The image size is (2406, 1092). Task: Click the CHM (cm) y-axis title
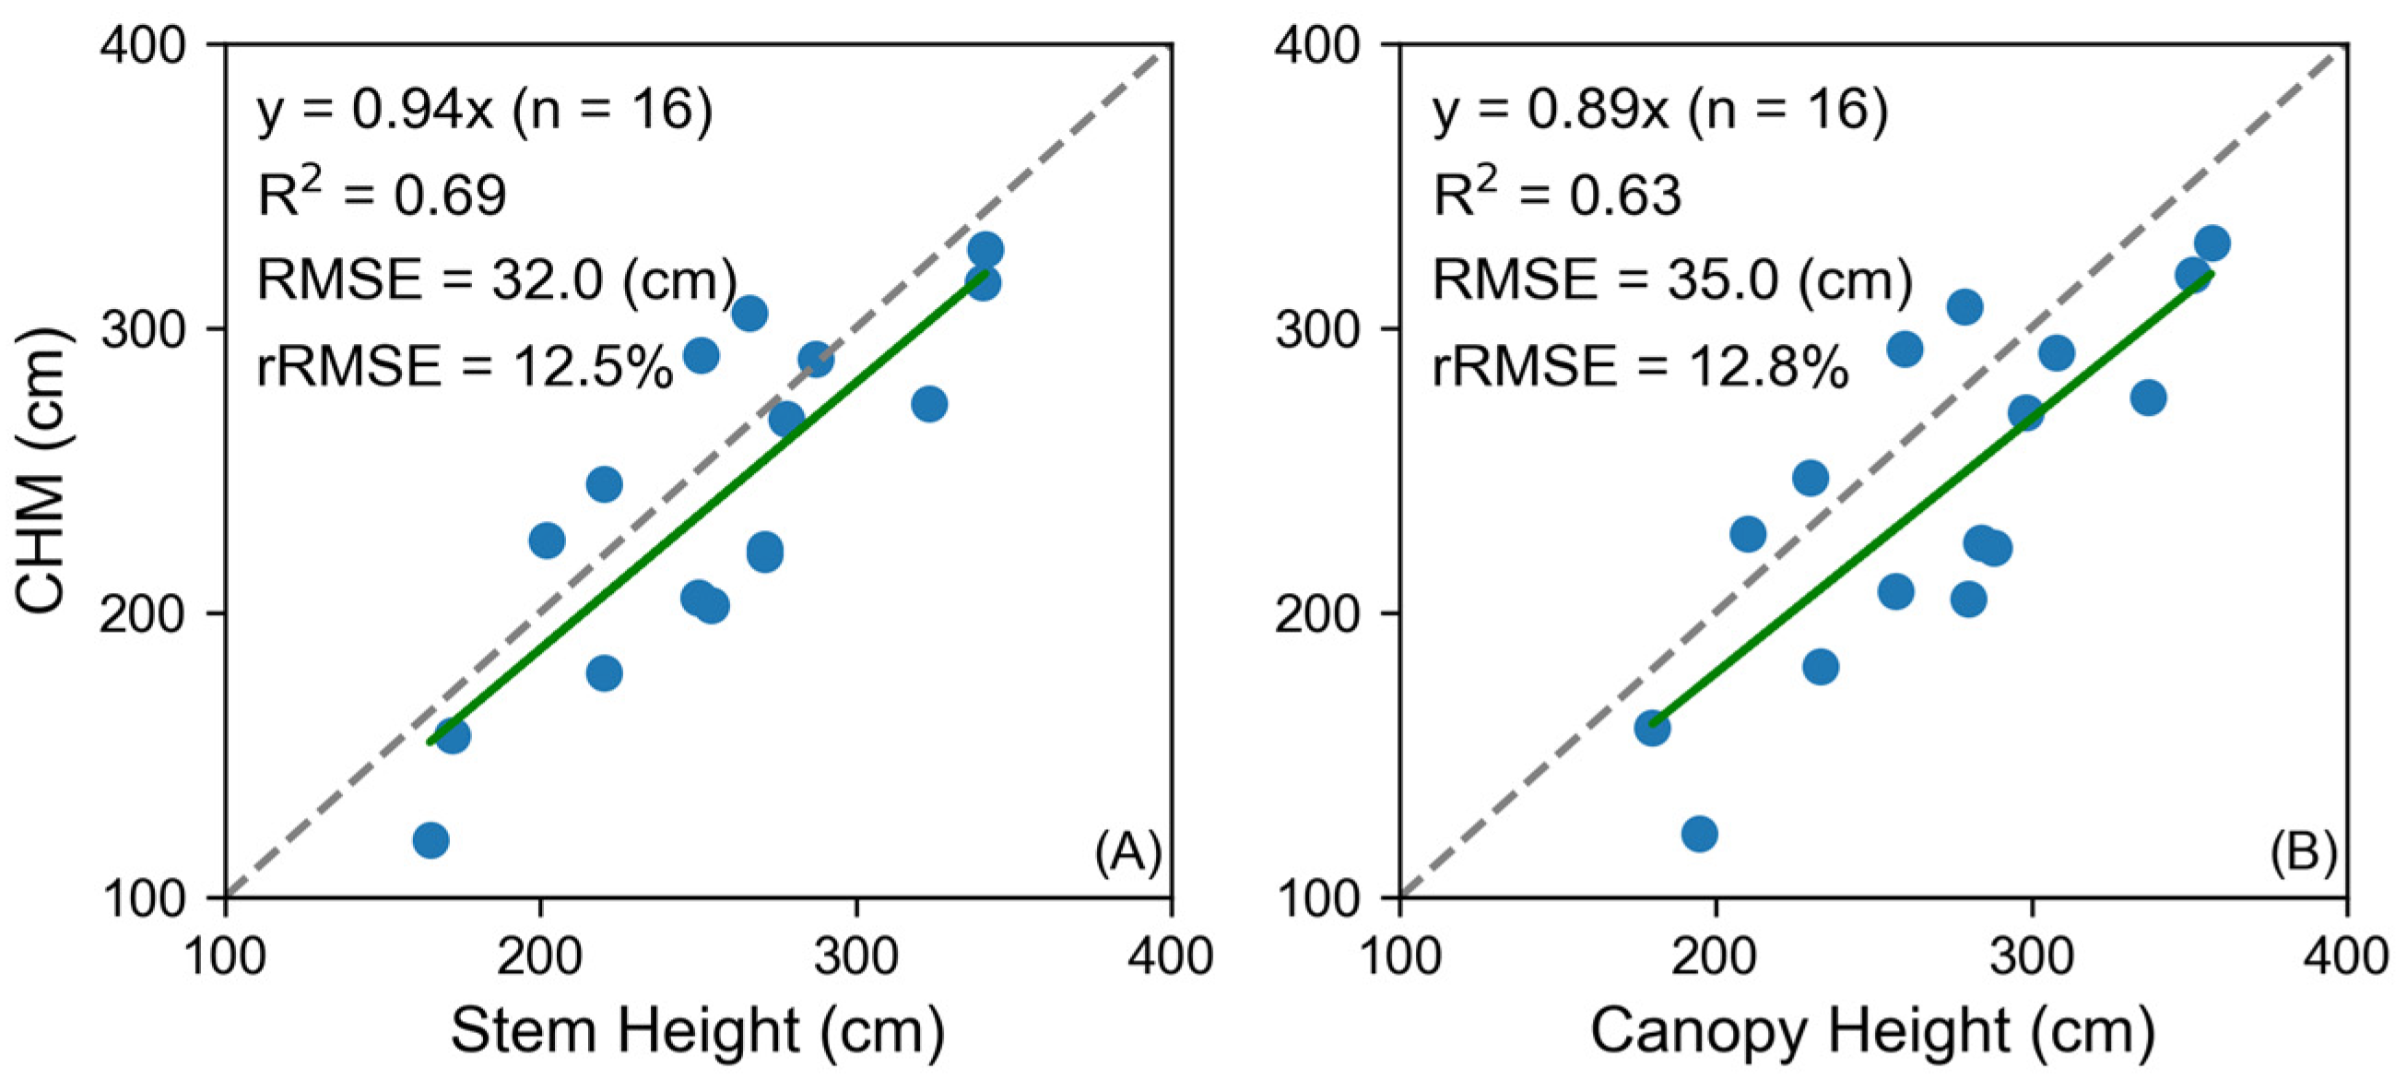(42, 470)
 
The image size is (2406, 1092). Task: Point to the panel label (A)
(1128, 853)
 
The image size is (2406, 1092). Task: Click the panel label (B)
(2304, 853)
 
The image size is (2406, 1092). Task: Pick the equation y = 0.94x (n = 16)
(485, 112)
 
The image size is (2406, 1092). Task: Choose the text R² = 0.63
(1557, 193)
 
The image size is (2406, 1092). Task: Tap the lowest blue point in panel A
(430, 840)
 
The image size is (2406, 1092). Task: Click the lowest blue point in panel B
(1699, 833)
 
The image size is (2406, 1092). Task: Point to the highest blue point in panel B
(2211, 243)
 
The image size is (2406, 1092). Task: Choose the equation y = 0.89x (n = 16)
(1660, 112)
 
